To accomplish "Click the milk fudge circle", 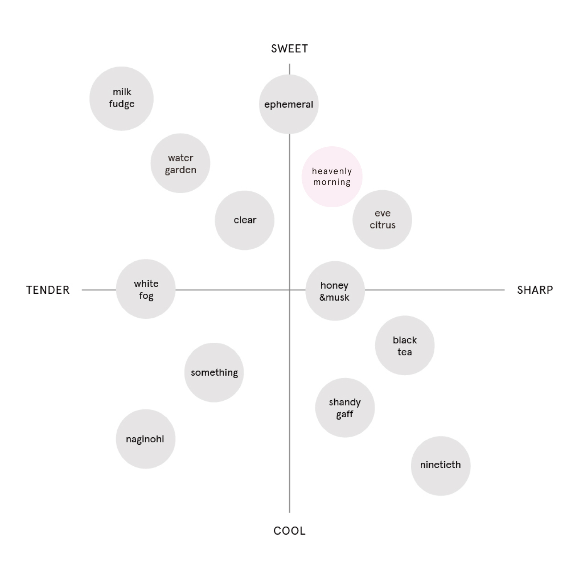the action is click(x=122, y=98).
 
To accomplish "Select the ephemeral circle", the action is click(x=289, y=104).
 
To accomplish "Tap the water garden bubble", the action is click(x=180, y=163).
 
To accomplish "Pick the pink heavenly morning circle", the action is click(x=332, y=177).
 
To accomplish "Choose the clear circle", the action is click(x=245, y=220).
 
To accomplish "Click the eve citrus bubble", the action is click(x=382, y=220).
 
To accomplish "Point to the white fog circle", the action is click(x=146, y=289).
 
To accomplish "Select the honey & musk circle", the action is click(x=335, y=291).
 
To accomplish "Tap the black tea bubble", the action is click(x=405, y=345).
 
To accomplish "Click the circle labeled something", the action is click(x=214, y=372).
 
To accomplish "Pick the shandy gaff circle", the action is click(x=345, y=408).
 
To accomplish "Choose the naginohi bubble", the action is click(x=146, y=439).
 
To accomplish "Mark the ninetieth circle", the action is click(x=441, y=466).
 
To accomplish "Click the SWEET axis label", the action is click(x=289, y=49).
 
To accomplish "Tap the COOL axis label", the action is click(x=289, y=531).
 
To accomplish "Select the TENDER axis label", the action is click(x=48, y=290).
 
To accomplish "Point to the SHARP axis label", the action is click(x=535, y=290).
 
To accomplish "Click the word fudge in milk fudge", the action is click(x=122, y=104).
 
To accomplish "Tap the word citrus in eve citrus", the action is click(x=383, y=225).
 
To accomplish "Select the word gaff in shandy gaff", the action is click(x=345, y=415).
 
